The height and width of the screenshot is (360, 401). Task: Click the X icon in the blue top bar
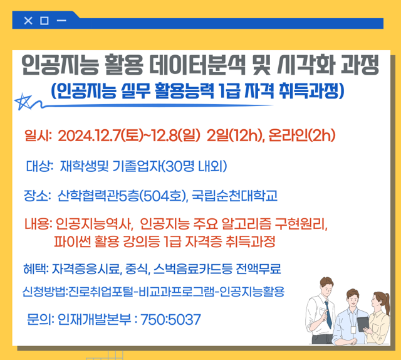(28, 21)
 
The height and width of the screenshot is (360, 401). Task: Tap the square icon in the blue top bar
(44, 21)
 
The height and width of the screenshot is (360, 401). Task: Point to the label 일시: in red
(37, 135)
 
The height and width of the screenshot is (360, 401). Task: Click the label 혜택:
(35, 270)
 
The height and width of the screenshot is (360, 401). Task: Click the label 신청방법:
(44, 292)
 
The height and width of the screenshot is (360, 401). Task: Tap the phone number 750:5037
(171, 320)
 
